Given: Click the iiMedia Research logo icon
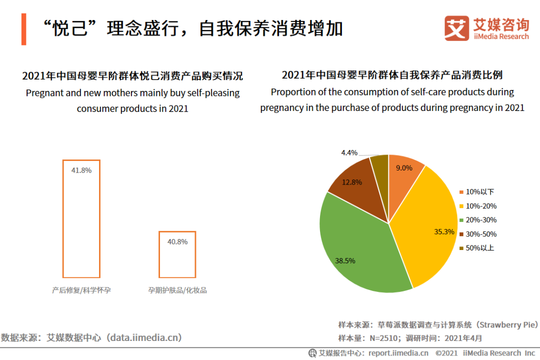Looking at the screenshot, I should tap(456, 29).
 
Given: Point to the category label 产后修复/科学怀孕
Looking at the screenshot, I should tap(81, 290).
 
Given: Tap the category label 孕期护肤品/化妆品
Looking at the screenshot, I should tap(177, 290).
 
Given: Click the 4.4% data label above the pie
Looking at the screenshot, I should tap(349, 152).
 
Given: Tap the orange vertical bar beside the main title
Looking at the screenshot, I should tap(23, 29).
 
